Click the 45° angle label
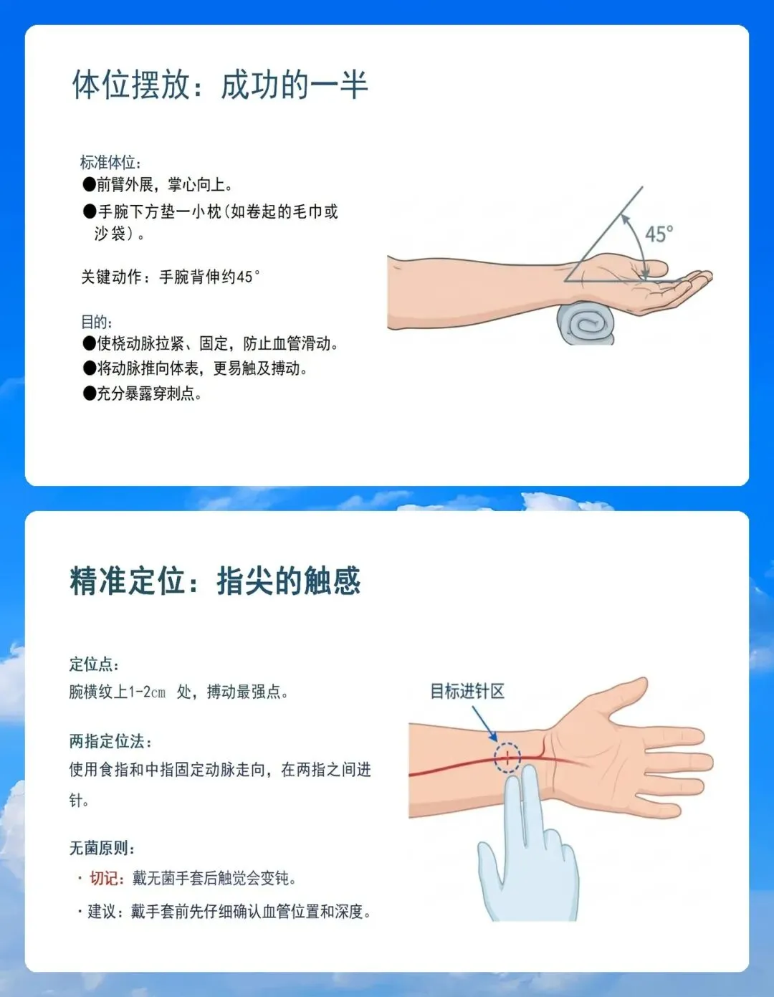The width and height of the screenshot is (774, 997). click(659, 234)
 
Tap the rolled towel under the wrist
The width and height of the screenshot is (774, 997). click(586, 323)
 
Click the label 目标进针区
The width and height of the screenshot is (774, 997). click(467, 692)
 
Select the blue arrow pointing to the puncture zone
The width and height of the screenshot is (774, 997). click(484, 723)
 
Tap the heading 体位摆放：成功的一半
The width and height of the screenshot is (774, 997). click(220, 85)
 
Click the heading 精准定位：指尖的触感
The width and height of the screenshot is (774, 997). click(216, 581)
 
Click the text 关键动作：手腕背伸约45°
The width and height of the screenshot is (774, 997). click(171, 277)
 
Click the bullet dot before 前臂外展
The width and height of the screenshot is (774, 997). click(89, 184)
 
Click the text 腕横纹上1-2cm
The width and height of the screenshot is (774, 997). click(118, 692)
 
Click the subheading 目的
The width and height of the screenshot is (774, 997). click(96, 322)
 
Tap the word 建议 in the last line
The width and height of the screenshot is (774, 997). click(102, 911)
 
